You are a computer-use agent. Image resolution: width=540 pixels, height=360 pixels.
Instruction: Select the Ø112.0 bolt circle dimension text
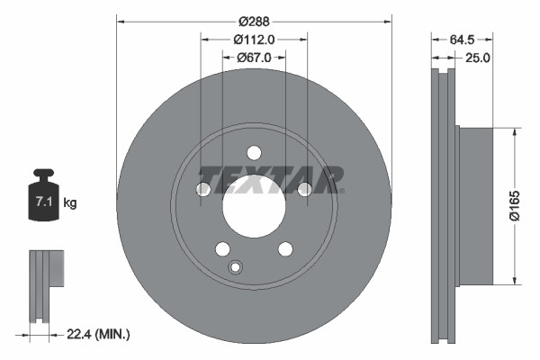click(254, 39)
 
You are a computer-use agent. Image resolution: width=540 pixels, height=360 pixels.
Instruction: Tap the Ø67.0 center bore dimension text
click(254, 58)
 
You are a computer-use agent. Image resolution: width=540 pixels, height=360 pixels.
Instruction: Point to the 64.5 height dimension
click(461, 39)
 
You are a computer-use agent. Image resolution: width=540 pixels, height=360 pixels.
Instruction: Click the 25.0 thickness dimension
click(476, 58)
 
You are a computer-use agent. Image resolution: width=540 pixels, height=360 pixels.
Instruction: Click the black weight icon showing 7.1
click(43, 193)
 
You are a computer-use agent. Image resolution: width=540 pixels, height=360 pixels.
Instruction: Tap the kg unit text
click(70, 203)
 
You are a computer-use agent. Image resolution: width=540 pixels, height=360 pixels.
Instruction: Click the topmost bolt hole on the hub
click(254, 152)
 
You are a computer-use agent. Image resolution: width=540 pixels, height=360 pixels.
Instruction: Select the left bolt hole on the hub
click(203, 188)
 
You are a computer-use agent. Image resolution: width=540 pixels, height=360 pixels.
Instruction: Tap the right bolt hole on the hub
click(304, 188)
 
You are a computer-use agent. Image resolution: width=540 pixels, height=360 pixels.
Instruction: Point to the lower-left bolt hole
click(222, 248)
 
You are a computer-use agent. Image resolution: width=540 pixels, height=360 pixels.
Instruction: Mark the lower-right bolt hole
click(285, 248)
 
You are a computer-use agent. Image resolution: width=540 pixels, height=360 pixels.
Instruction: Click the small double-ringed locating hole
click(236, 266)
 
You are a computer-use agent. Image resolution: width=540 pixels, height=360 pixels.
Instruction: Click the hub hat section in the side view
click(476, 204)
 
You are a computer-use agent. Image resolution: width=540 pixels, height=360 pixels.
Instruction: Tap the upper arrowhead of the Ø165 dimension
click(514, 132)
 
